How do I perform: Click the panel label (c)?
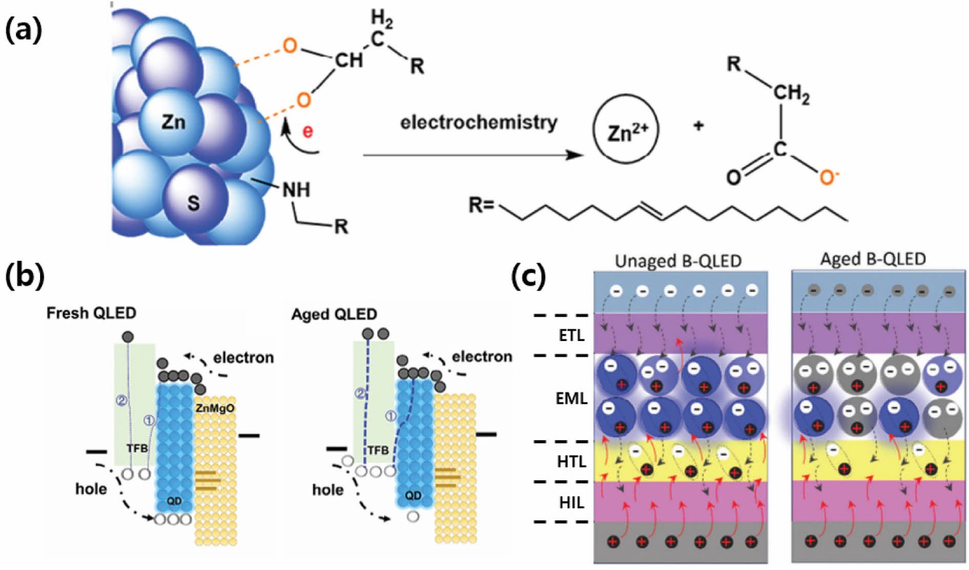[x=528, y=276]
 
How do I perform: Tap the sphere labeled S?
[x=193, y=203]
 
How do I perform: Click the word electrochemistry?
[x=478, y=123]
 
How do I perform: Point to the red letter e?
[x=307, y=131]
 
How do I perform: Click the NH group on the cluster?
[x=296, y=190]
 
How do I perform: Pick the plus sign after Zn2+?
[x=698, y=125]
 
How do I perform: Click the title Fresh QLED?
[x=91, y=313]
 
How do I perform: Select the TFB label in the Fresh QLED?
[x=137, y=449]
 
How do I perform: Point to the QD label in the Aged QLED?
[x=413, y=495]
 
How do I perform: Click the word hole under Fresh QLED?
[x=91, y=488]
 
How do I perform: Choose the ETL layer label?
[x=571, y=335]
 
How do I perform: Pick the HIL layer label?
[x=571, y=502]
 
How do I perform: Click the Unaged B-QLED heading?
[x=678, y=261]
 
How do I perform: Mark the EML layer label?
[x=571, y=398]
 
